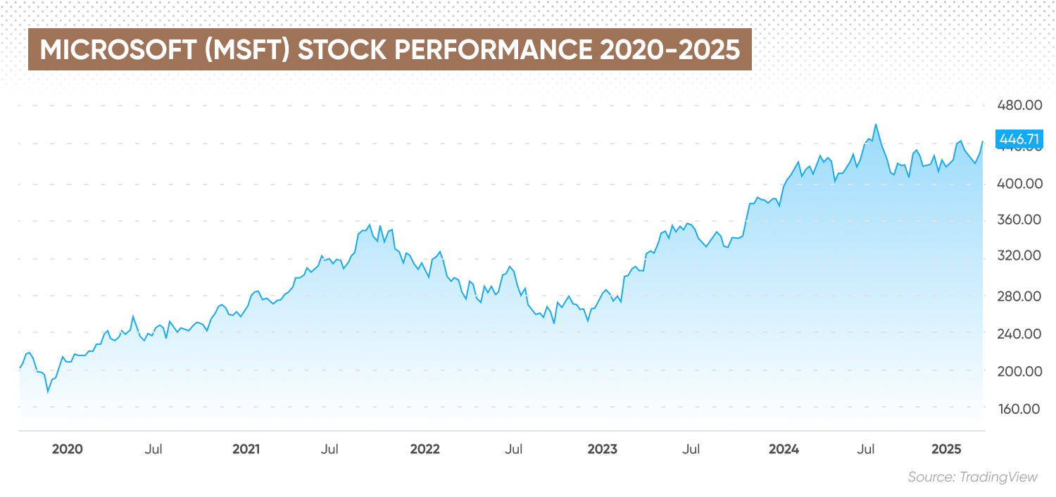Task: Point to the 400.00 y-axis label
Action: pos(1019,184)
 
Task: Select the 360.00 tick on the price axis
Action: pos(1019,220)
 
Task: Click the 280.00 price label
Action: pos(1019,296)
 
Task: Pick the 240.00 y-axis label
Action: pos(1019,333)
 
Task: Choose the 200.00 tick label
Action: pos(1019,371)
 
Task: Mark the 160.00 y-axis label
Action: pos(1019,408)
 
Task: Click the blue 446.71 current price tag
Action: pos(1019,139)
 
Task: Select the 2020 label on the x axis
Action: pos(68,449)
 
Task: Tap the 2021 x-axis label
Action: pos(246,449)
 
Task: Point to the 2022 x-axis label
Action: pos(425,449)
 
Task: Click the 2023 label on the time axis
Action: pos(603,449)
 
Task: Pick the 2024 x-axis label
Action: pos(784,449)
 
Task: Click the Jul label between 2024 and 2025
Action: pos(866,449)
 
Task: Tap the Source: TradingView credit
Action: pos(972,477)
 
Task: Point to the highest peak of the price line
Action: pos(875,125)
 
